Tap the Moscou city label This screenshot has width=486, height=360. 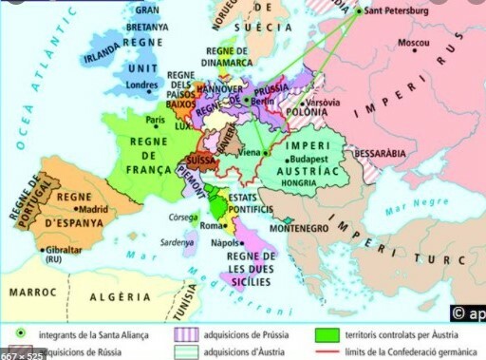414,44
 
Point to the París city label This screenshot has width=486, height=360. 155,120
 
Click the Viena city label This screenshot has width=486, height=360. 250,152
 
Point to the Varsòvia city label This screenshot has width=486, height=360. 324,103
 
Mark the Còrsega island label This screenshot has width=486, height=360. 182,217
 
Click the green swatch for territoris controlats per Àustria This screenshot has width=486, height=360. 328,333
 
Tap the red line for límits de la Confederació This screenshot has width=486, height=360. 328,351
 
